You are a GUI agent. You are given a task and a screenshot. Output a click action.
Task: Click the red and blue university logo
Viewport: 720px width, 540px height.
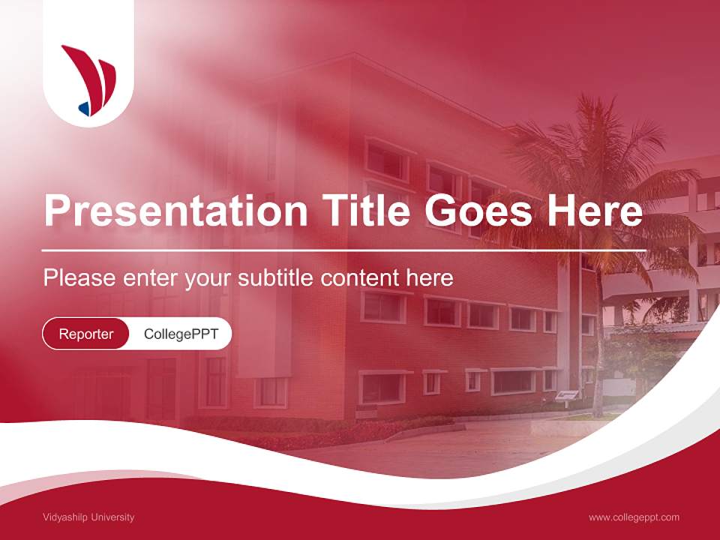(x=88, y=79)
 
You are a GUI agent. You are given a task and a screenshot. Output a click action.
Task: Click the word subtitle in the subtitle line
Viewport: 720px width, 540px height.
(x=277, y=278)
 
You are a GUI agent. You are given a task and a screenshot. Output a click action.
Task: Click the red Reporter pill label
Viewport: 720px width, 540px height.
(x=86, y=334)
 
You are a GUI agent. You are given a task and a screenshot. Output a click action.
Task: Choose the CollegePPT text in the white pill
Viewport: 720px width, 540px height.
(x=181, y=334)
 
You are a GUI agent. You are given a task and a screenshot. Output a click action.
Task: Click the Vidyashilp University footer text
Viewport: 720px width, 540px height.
(x=88, y=517)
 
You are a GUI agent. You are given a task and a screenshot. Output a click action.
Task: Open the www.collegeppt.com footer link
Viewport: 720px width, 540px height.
(x=634, y=517)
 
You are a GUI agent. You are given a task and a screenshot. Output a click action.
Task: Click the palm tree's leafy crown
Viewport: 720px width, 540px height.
(x=592, y=172)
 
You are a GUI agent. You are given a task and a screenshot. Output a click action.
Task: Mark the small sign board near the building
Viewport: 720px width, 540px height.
(x=568, y=395)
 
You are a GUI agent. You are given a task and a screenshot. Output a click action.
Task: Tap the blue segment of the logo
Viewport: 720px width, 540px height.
(x=85, y=109)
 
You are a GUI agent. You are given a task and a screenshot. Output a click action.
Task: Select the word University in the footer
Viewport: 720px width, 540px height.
(x=112, y=517)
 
